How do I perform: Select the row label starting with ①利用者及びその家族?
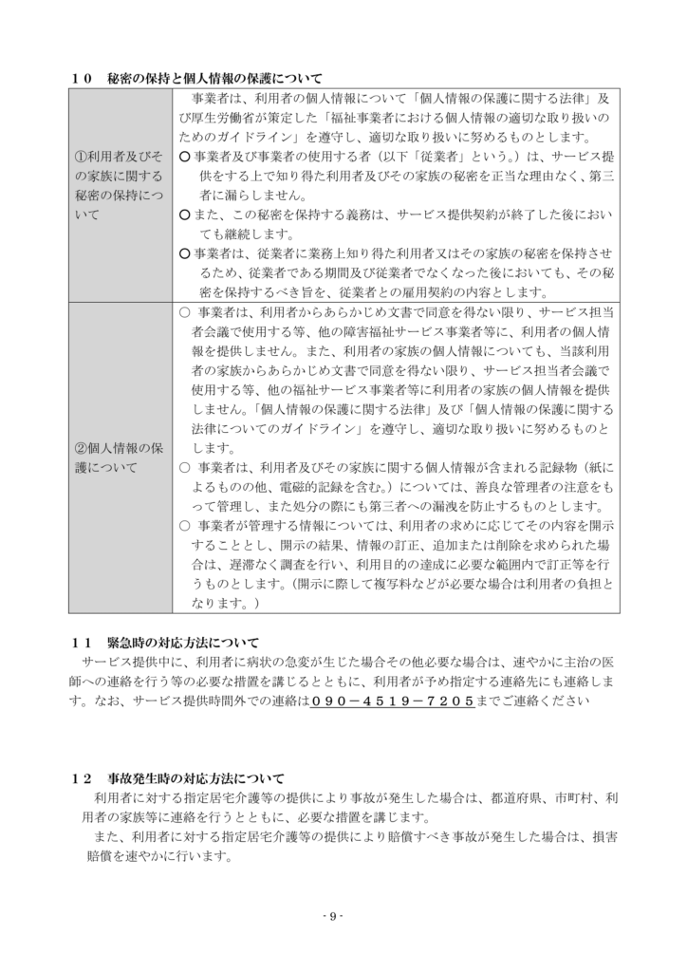pos(119,185)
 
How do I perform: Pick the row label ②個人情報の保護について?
pos(119,457)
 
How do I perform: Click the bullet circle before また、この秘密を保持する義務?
pos(186,215)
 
